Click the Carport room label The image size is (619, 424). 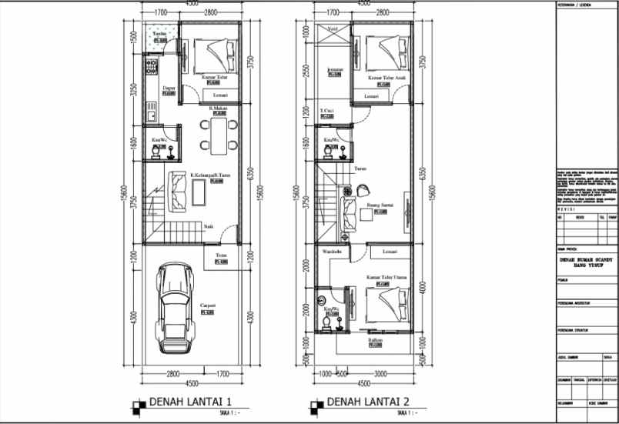[x=207, y=305]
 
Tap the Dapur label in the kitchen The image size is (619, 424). [x=169, y=88]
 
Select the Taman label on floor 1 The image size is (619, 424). [x=159, y=35]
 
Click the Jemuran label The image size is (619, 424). [x=335, y=69]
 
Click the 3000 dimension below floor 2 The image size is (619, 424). [x=381, y=375]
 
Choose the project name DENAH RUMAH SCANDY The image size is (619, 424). [x=586, y=260]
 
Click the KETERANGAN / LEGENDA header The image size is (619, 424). [x=575, y=5]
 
